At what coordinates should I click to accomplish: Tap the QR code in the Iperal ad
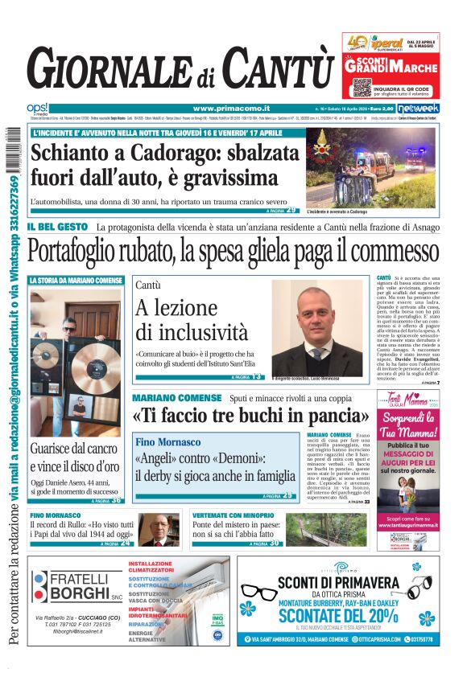click(362, 86)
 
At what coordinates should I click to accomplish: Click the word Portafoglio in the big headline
click(99, 251)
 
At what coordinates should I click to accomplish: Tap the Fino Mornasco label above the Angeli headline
click(167, 442)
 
